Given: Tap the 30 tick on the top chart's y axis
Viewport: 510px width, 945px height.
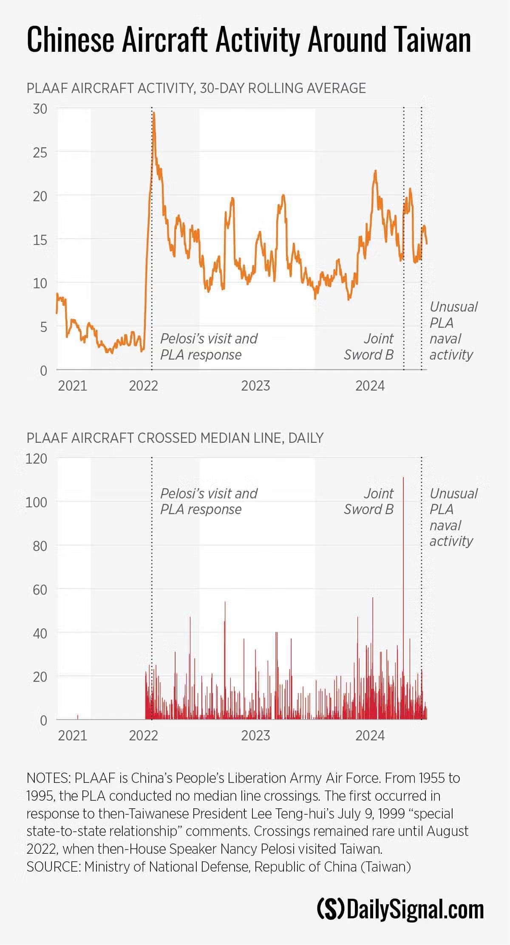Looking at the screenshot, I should coord(40,109).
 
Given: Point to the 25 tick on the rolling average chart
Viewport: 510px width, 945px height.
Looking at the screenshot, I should coord(40,152).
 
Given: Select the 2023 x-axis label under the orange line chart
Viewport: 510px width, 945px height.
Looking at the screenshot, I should coord(255,385).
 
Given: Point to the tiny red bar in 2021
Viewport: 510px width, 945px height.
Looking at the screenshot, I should coord(78,717).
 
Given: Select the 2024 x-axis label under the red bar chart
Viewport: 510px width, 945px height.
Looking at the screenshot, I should coord(370,735).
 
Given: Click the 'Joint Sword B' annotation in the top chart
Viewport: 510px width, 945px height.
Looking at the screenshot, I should coord(369,346).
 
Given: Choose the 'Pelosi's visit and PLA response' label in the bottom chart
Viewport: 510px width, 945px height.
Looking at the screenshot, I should coord(209,501).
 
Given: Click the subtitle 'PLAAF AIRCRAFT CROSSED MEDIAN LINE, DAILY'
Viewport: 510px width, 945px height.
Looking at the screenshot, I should coord(175,438).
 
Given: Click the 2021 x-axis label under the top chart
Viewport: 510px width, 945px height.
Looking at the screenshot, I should coord(72,385).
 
